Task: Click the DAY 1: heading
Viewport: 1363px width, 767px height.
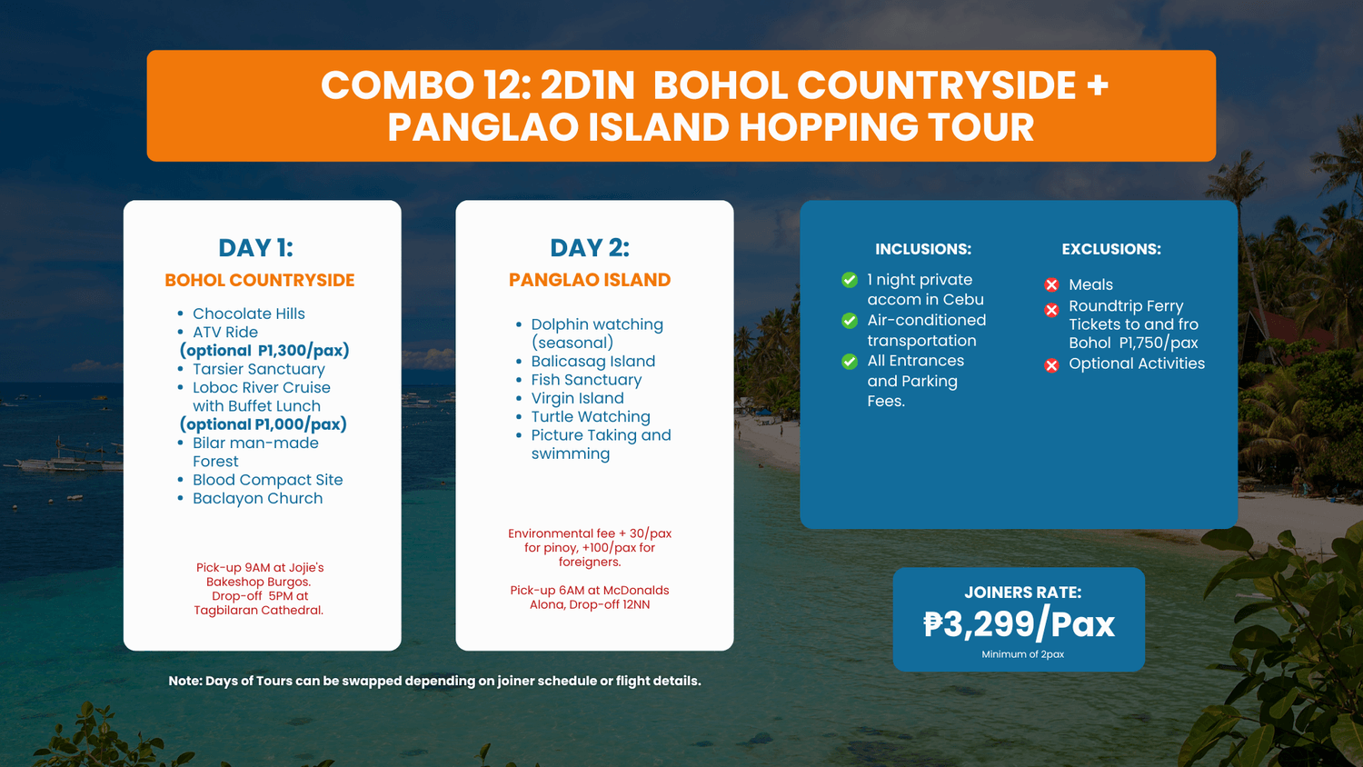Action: (255, 248)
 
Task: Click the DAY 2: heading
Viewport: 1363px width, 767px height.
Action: (590, 248)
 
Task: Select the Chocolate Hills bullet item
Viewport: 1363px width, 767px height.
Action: (249, 314)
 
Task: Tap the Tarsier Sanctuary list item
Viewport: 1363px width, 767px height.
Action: (259, 369)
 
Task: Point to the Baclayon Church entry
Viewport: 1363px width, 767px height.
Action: (258, 498)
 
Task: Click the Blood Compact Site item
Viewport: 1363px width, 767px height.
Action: (268, 480)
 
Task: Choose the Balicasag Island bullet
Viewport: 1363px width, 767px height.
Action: (593, 361)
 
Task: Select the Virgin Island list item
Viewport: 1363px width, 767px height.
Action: (577, 398)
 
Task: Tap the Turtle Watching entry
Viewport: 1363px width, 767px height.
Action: (591, 416)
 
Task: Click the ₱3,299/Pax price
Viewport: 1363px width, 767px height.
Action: (1020, 624)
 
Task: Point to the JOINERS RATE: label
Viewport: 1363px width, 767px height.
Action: (1023, 593)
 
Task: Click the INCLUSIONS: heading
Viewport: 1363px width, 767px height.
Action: (923, 249)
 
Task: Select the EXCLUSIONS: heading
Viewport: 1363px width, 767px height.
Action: (1111, 249)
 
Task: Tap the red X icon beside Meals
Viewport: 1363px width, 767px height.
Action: (1051, 284)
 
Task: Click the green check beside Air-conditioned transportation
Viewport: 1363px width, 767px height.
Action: (850, 321)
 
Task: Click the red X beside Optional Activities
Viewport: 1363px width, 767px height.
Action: (1051, 365)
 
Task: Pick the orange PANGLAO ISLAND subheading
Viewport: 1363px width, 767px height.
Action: (590, 280)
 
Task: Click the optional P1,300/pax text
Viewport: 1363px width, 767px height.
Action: (264, 351)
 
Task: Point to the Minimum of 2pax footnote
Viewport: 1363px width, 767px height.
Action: (1023, 654)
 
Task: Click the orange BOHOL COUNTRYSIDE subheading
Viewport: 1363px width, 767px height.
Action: (259, 280)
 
